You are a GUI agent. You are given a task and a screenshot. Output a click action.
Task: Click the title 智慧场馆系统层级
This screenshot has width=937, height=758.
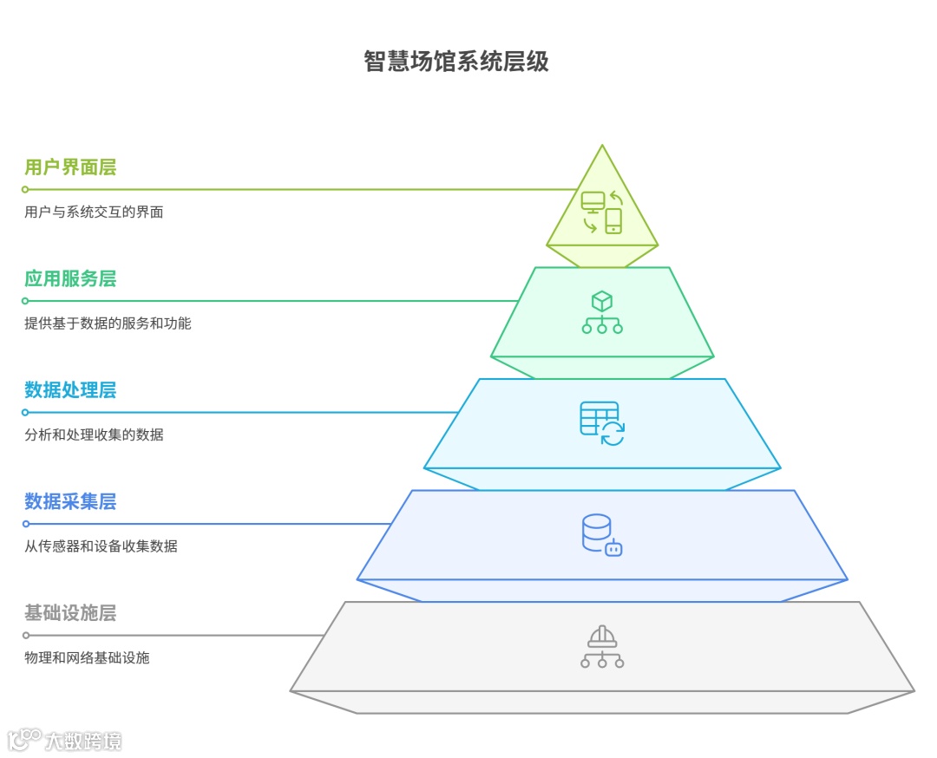tap(456, 62)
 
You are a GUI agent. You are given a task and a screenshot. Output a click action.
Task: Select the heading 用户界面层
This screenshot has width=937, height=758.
tap(70, 167)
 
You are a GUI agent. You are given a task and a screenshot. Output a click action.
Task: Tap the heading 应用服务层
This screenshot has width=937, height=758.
tap(70, 278)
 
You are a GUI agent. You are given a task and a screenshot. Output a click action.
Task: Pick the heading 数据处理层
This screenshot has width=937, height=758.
tap(70, 390)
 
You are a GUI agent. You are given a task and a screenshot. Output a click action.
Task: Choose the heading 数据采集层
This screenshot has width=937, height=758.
tap(70, 501)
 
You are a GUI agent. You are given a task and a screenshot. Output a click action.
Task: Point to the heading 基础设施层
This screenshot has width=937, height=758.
tap(70, 613)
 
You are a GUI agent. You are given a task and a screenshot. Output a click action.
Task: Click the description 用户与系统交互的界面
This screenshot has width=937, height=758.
tap(94, 212)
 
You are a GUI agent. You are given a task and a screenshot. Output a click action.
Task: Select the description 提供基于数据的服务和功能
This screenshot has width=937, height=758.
tap(108, 323)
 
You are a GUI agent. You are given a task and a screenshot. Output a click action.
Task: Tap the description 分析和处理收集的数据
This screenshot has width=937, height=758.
tap(94, 435)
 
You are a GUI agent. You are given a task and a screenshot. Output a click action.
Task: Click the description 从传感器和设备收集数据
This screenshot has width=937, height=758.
tap(101, 546)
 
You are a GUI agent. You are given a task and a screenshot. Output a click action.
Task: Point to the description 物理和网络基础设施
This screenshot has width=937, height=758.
tap(87, 657)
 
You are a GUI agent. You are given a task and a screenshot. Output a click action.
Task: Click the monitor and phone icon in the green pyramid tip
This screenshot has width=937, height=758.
tap(602, 212)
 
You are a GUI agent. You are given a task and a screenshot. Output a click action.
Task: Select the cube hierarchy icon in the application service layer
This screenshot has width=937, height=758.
tap(602, 312)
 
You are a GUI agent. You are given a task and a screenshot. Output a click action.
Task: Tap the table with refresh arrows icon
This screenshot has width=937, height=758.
tap(602, 423)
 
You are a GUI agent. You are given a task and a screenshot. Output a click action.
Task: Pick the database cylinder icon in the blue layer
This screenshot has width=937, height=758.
tap(601, 535)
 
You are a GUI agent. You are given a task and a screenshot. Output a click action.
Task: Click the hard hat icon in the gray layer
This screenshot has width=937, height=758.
tap(602, 647)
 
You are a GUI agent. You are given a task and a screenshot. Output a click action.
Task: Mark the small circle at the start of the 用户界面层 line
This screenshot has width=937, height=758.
tap(25, 189)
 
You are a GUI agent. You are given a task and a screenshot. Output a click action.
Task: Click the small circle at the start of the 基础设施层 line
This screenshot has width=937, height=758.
tap(25, 636)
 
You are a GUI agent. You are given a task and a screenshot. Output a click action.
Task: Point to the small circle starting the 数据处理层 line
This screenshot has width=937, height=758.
tap(25, 413)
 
